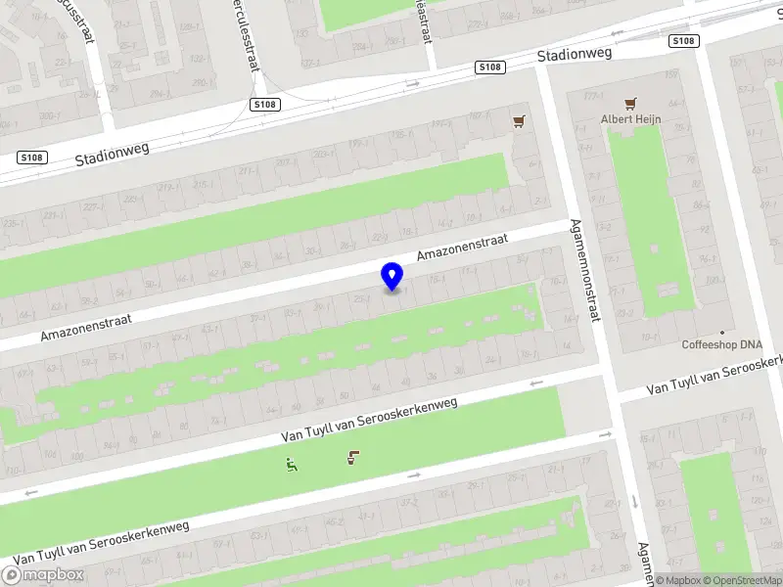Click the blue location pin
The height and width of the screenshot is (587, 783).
(x=392, y=276)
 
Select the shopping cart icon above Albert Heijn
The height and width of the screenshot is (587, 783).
(x=630, y=103)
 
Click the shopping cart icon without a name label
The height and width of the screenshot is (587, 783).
(x=518, y=121)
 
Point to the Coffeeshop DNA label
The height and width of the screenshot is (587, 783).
(x=722, y=344)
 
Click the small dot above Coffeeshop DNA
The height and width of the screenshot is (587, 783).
(x=722, y=332)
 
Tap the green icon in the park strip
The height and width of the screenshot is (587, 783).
(x=291, y=465)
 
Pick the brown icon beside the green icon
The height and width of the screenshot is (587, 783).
(x=352, y=457)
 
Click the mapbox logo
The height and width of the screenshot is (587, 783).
(x=43, y=575)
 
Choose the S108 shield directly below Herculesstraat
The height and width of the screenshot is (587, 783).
(x=265, y=104)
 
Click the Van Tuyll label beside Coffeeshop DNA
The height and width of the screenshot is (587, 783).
(x=714, y=377)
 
